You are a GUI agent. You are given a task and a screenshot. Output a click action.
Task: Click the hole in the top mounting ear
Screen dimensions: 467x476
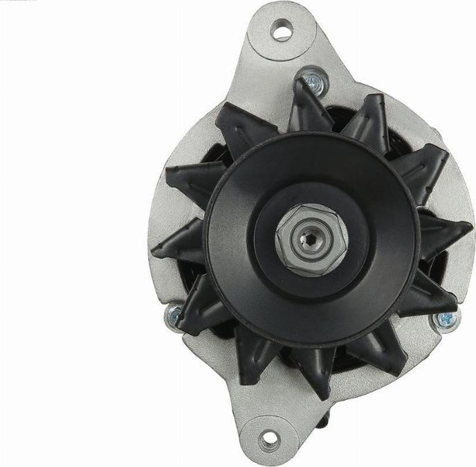[x=281, y=30]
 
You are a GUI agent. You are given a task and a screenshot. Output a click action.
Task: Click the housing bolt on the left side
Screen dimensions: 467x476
[x=172, y=316]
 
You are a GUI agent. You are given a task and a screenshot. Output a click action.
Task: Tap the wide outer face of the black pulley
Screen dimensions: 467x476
[x=235, y=208]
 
